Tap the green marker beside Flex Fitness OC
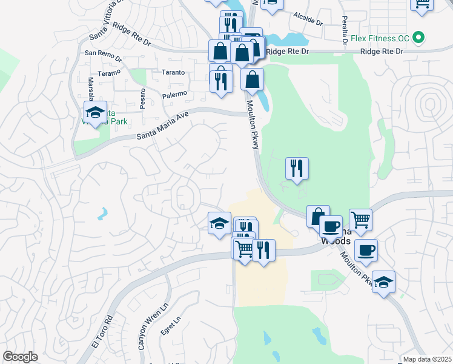click(x=418, y=38)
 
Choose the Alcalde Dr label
click(x=308, y=19)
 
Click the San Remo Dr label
click(x=99, y=53)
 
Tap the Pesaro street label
click(x=142, y=99)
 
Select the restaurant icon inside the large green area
click(x=297, y=169)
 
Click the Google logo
click(x=20, y=357)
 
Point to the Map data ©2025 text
click(x=427, y=359)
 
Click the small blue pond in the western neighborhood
click(x=103, y=214)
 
